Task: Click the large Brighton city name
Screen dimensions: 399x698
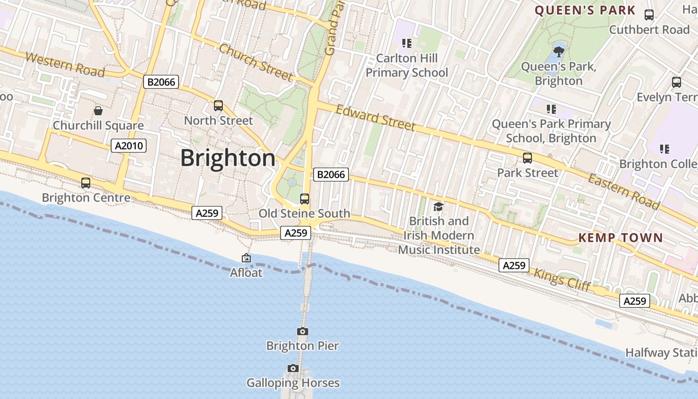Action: click(x=227, y=158)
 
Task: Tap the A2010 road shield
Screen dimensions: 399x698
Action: click(x=129, y=146)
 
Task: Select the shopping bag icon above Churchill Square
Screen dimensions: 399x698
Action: click(x=98, y=110)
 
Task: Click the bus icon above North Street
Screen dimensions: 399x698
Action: click(x=218, y=105)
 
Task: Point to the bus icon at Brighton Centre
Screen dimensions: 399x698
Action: click(x=86, y=183)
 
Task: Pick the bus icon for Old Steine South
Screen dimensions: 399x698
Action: click(x=304, y=199)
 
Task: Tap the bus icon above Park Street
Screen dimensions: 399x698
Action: click(x=527, y=158)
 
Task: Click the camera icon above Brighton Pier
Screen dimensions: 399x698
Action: click(x=302, y=331)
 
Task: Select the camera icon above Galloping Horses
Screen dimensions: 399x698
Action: click(x=293, y=368)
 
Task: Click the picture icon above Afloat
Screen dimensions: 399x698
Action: click(x=246, y=258)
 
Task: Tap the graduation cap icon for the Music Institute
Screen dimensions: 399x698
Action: click(x=438, y=206)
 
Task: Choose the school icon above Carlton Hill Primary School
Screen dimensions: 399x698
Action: click(x=407, y=43)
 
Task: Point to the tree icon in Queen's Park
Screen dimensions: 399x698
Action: click(x=558, y=51)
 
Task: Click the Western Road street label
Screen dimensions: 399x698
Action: click(x=65, y=65)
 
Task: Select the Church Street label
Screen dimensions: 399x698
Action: click(x=255, y=62)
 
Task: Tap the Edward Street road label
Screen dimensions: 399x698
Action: click(x=375, y=117)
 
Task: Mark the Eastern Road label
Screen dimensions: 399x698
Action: click(x=623, y=192)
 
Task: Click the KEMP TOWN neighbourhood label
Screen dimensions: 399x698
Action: click(x=620, y=238)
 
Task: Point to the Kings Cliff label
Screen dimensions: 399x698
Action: click(x=562, y=280)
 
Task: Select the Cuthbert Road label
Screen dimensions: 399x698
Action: click(x=649, y=29)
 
